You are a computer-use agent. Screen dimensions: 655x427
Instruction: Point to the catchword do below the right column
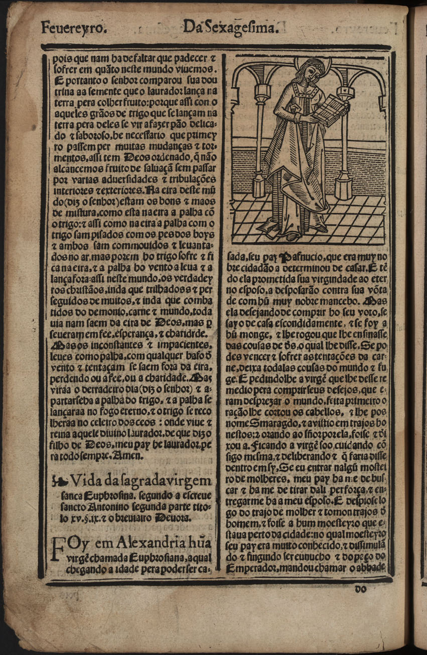click(361, 589)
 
